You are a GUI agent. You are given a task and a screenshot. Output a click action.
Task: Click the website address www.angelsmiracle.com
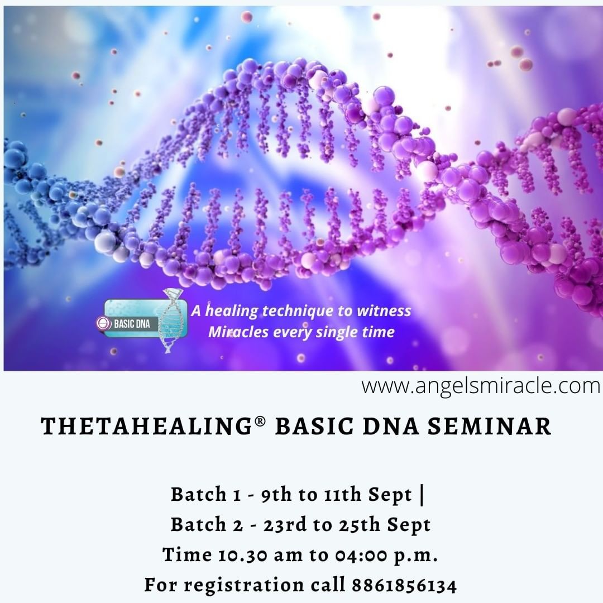[x=480, y=386]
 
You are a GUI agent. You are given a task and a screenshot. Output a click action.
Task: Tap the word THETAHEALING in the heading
[x=146, y=426]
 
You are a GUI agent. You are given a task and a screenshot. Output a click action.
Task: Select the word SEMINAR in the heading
[x=489, y=426]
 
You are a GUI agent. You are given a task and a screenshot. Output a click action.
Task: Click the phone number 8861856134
[x=404, y=585]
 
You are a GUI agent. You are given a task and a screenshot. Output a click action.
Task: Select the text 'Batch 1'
[x=205, y=494]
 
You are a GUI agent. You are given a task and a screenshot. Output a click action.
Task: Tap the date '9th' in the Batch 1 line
[x=276, y=494]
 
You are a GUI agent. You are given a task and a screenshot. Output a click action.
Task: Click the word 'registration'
[x=244, y=586]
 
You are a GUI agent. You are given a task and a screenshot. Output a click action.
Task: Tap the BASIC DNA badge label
[x=132, y=324]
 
